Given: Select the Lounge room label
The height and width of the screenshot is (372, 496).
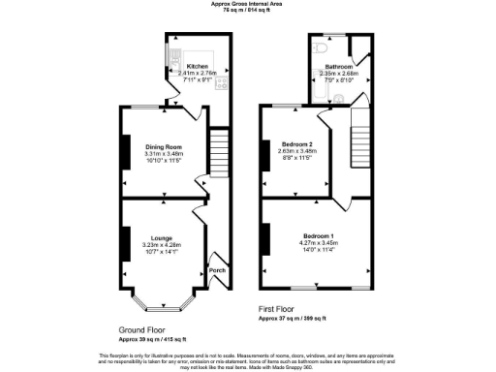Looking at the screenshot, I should click(163, 237).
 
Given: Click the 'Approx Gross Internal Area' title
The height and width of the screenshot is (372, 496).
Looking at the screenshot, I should click(248, 4).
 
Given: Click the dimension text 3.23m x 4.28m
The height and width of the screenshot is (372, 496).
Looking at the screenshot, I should click(163, 244).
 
